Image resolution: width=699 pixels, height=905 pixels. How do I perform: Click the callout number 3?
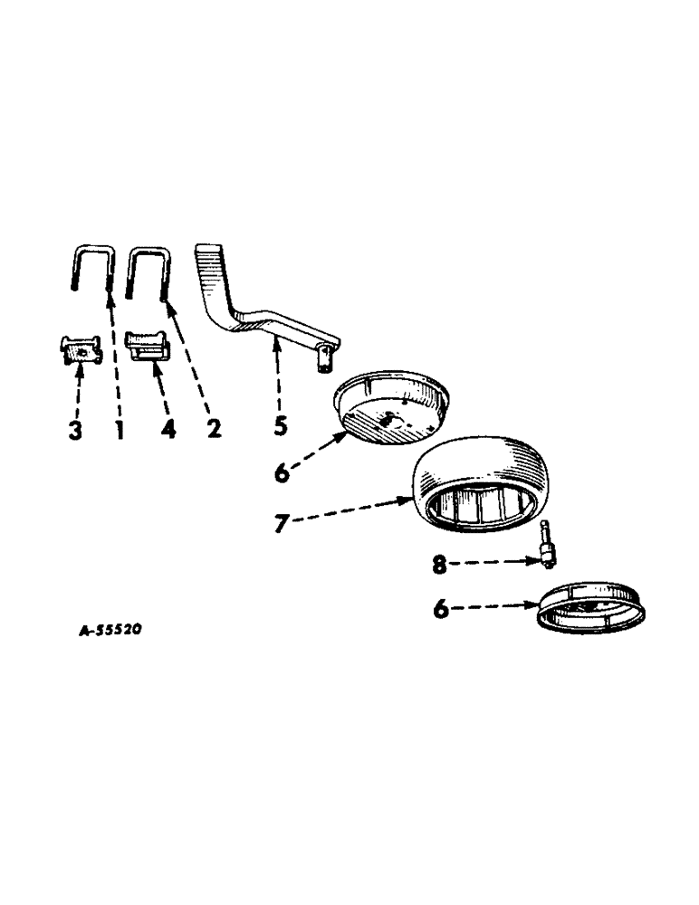(75, 428)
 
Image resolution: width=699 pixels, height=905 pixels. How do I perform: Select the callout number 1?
(120, 428)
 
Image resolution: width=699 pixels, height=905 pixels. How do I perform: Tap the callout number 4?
(168, 428)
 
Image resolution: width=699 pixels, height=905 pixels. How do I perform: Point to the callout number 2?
(214, 428)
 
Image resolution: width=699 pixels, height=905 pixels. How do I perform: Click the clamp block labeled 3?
(81, 349)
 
